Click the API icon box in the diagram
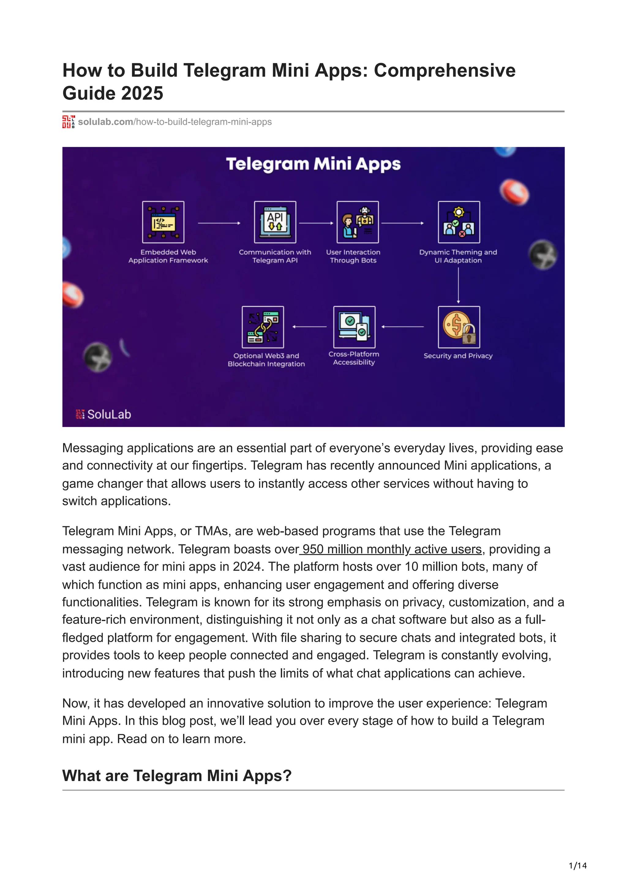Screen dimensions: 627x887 (x=275, y=222)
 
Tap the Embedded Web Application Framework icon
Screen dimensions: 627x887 (x=163, y=222)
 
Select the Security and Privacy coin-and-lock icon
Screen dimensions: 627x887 (x=459, y=327)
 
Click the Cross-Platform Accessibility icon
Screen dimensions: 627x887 (x=354, y=327)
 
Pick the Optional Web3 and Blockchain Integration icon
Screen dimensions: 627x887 (x=263, y=327)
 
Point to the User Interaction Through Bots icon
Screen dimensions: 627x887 (x=358, y=222)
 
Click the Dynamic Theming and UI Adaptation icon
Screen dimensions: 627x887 (x=459, y=222)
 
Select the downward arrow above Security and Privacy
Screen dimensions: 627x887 (x=459, y=285)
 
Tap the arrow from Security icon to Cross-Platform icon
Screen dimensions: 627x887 (x=403, y=327)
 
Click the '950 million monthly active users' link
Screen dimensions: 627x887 (x=392, y=549)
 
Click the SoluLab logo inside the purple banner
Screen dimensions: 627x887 (x=103, y=414)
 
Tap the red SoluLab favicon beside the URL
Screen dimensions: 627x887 (x=68, y=122)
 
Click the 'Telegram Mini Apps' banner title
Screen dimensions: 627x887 (x=313, y=164)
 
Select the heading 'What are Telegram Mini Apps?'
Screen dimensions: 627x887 (x=177, y=776)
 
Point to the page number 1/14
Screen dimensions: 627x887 (x=577, y=866)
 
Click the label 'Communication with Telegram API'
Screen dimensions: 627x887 (x=275, y=256)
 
